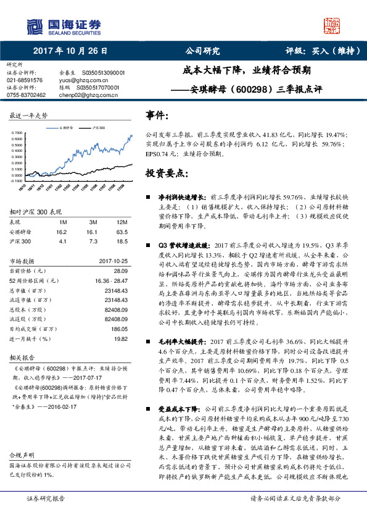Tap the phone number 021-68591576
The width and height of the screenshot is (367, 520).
pos(25,80)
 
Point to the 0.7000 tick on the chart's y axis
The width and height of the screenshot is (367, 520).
pos(17,133)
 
